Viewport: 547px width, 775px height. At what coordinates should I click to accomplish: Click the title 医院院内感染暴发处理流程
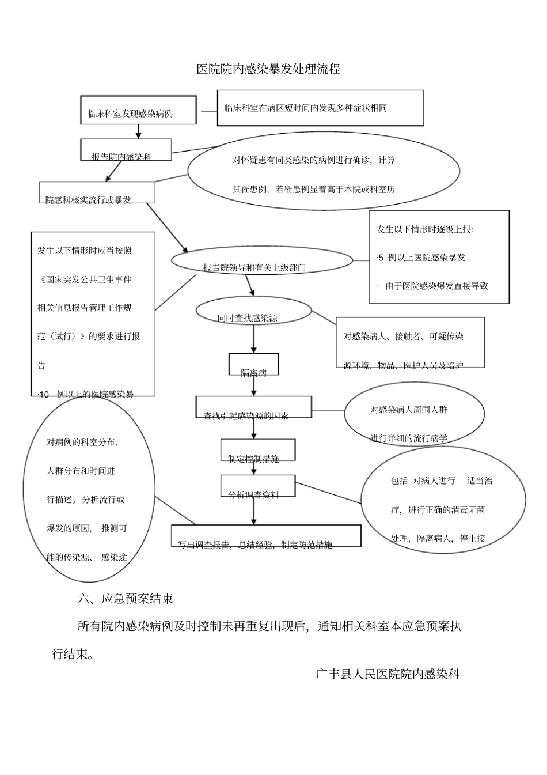(x=268, y=69)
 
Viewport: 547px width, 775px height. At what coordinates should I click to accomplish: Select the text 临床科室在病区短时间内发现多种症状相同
(x=305, y=108)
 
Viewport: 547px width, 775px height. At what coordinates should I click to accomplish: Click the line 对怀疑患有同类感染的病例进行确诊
(x=314, y=160)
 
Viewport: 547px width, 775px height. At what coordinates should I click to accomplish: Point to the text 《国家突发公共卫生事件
(x=84, y=279)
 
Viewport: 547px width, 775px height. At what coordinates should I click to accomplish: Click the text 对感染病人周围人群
(x=408, y=410)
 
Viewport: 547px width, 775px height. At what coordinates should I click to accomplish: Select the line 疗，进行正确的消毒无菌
(x=438, y=510)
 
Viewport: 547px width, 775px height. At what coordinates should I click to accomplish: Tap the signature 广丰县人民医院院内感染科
(x=388, y=674)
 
